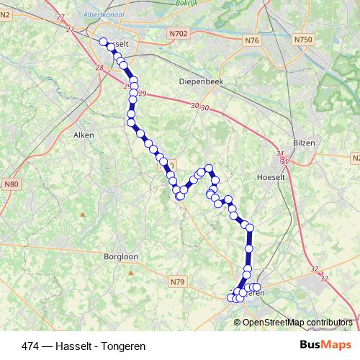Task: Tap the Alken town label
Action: (x=85, y=134)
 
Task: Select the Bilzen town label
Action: (x=304, y=143)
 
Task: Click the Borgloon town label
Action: (x=120, y=256)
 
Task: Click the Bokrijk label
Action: (x=186, y=3)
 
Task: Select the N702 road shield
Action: (x=180, y=33)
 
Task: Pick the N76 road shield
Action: (x=251, y=40)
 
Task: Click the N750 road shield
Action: (x=302, y=40)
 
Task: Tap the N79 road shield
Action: (x=178, y=281)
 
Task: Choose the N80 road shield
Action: (x=11, y=184)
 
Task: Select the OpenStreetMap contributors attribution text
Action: (x=297, y=322)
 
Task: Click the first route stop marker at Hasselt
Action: (x=103, y=42)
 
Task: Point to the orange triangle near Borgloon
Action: (x=132, y=273)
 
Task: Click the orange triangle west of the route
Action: (x=83, y=214)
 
